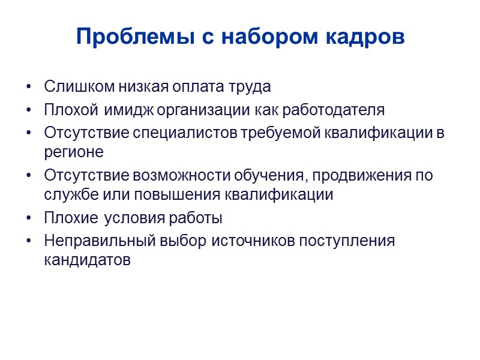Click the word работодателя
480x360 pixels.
(x=334, y=111)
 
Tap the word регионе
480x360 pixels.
(x=74, y=152)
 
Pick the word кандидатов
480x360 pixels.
(x=86, y=260)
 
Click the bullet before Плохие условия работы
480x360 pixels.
(x=29, y=218)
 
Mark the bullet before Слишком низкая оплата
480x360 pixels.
(x=29, y=88)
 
